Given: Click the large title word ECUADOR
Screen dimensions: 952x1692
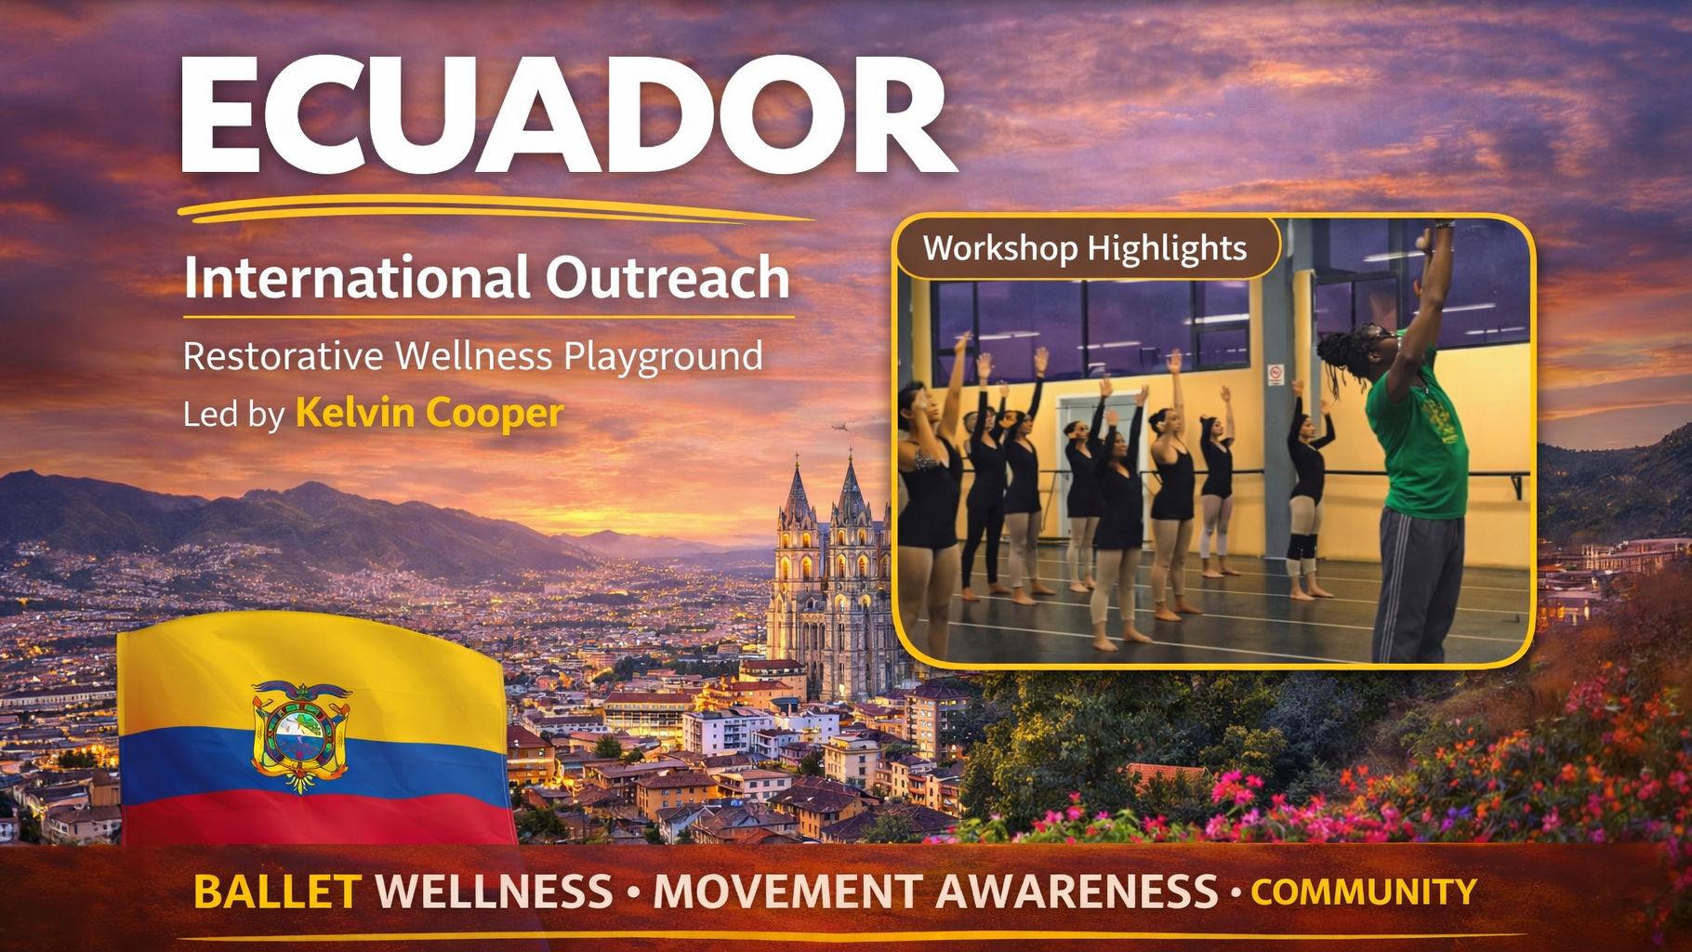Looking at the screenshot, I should pyautogui.click(x=567, y=115).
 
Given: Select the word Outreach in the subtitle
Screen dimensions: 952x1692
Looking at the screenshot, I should pyautogui.click(x=668, y=277).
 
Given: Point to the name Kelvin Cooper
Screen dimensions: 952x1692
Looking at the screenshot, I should pyautogui.click(x=430, y=413).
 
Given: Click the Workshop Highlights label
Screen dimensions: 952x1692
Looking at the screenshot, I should pyautogui.click(x=1084, y=248).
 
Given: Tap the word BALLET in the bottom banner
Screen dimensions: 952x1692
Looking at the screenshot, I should pyautogui.click(x=276, y=892).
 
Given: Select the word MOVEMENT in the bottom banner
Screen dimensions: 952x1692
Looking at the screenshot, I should pyautogui.click(x=788, y=892).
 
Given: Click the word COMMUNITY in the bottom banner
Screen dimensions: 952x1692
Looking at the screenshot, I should pyautogui.click(x=1363, y=892).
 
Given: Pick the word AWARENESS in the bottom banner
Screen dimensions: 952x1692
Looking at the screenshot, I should pyautogui.click(x=1076, y=892).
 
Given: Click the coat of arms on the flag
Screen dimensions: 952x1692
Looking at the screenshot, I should pyautogui.click(x=300, y=734).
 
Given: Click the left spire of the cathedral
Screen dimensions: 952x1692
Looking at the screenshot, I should pyautogui.click(x=798, y=493).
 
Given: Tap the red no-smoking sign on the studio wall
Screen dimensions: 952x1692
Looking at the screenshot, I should pyautogui.click(x=1276, y=375).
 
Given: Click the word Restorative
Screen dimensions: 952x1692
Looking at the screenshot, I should pyautogui.click(x=283, y=357).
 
